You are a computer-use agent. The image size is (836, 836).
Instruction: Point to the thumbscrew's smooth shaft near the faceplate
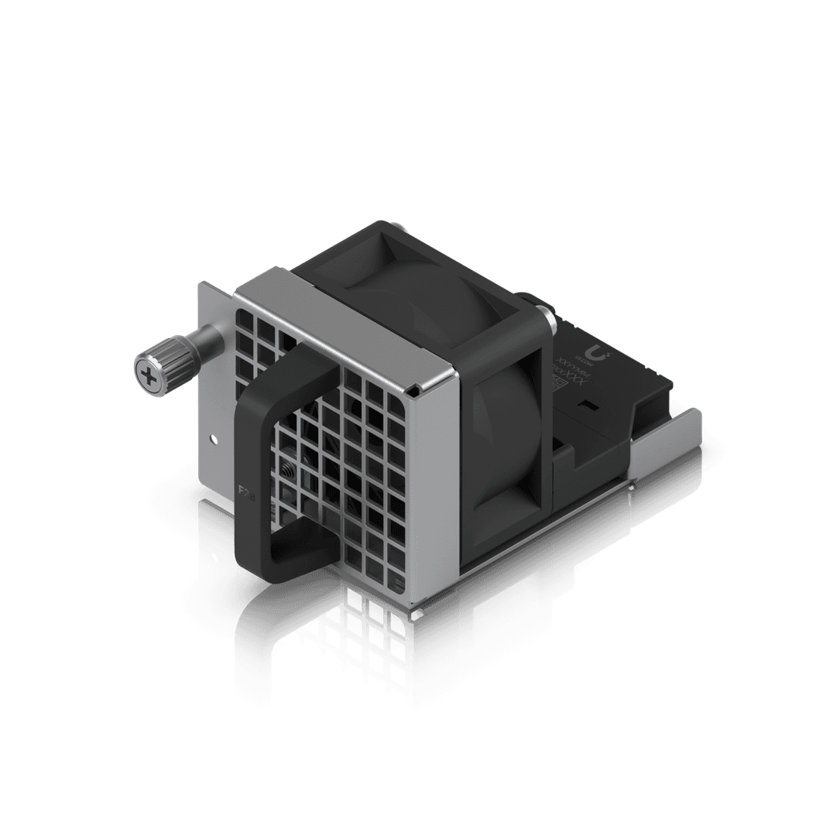pyautogui.click(x=207, y=340)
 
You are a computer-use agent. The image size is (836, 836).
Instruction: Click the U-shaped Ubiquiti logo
pyautogui.click(x=605, y=355)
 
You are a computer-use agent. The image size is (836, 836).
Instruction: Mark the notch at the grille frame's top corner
pyautogui.click(x=417, y=385)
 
